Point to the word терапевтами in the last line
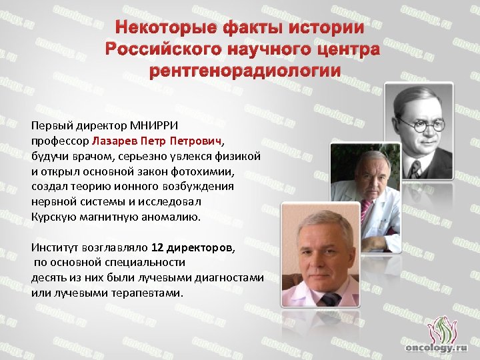click(x=147, y=293)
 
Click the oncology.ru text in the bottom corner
click(x=437, y=347)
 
